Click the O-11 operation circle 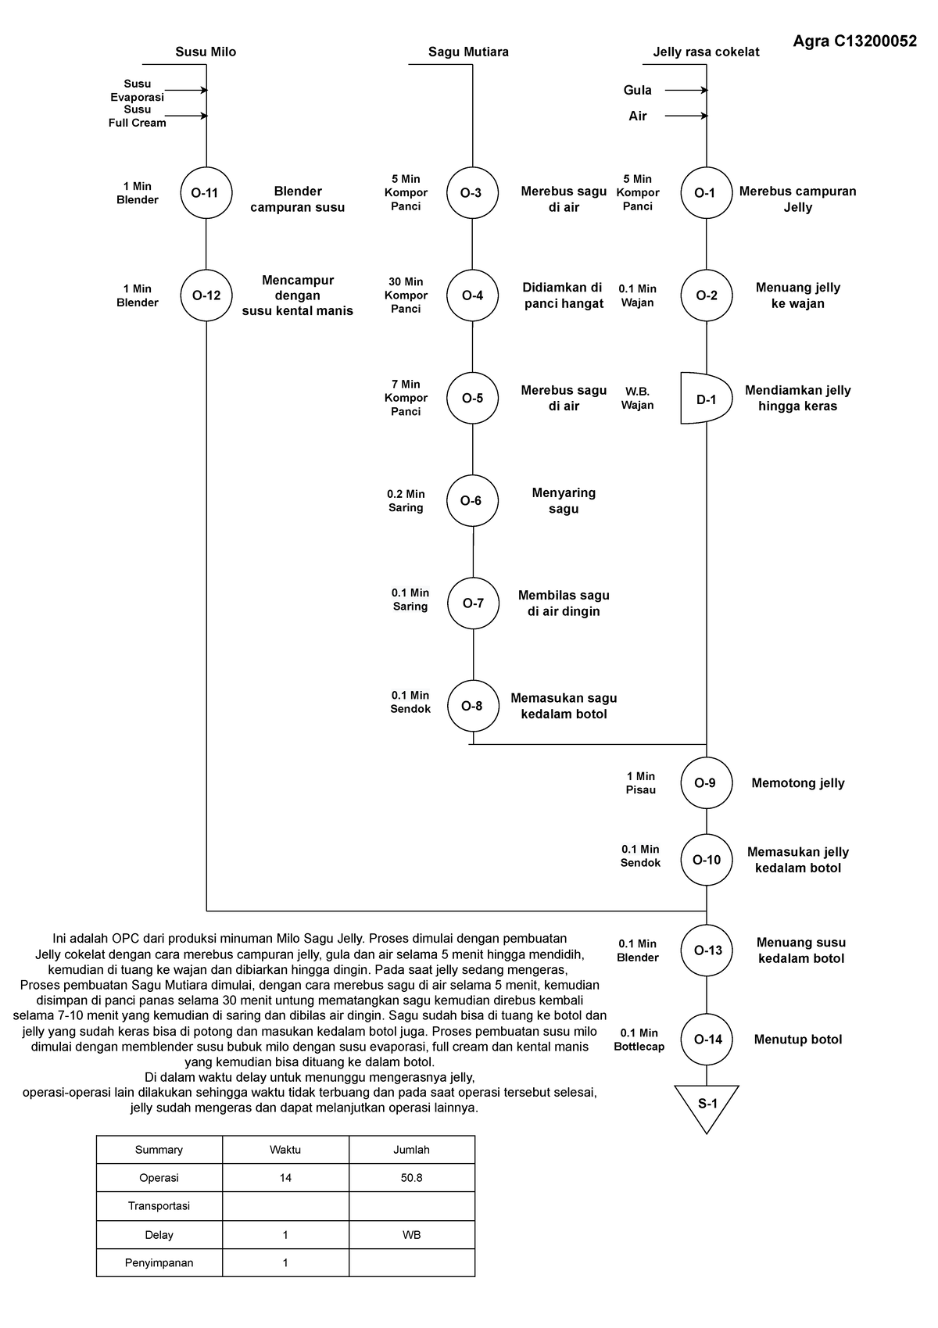(206, 192)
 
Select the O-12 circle (206, 295)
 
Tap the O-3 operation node (472, 192)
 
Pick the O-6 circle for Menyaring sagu (472, 500)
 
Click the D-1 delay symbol (706, 399)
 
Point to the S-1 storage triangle (707, 1104)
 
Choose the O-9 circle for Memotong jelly (706, 782)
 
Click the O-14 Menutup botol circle (707, 1039)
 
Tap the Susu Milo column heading (206, 52)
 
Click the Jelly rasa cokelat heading (706, 52)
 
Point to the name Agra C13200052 (855, 42)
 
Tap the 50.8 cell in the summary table (411, 1177)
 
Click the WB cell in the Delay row (411, 1235)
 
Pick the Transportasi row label (159, 1205)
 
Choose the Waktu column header (285, 1149)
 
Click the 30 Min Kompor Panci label (406, 295)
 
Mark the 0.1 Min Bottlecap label (639, 1040)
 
